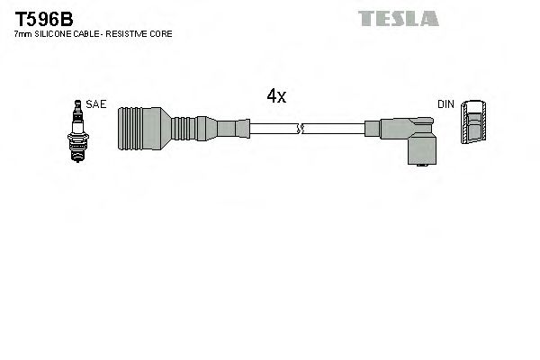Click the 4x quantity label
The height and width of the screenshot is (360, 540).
click(x=276, y=96)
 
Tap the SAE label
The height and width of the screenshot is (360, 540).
click(x=97, y=104)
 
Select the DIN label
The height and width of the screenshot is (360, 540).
click(x=445, y=104)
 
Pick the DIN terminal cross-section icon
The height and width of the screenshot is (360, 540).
click(x=475, y=123)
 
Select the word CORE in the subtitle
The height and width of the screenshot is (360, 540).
click(x=162, y=33)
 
